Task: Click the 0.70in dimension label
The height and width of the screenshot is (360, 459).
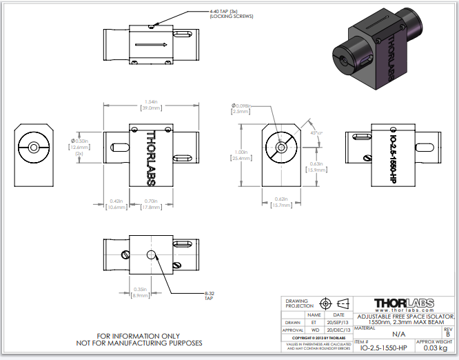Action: (x=152, y=203)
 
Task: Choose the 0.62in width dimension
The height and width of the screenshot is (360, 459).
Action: (x=280, y=201)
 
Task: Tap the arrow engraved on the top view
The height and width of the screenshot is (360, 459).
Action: (x=152, y=45)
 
